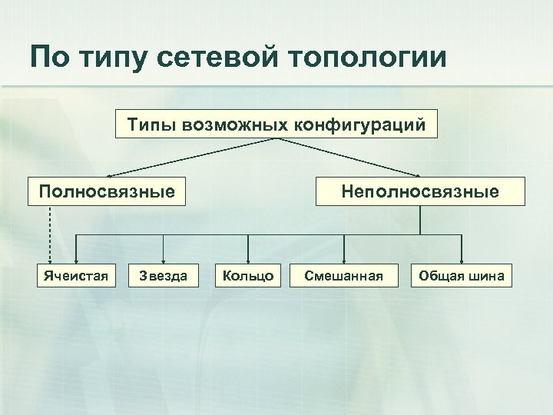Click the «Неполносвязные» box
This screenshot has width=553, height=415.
[x=420, y=191]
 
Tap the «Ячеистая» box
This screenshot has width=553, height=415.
[x=74, y=276]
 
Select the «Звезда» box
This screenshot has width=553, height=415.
[x=162, y=276]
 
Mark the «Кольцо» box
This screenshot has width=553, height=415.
[x=247, y=276]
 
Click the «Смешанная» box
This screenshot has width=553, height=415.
[x=343, y=276]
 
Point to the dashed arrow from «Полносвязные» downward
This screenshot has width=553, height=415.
[x=50, y=231]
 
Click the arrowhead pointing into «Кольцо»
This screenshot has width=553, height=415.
[x=247, y=259]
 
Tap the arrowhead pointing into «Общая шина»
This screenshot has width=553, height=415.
[x=462, y=259]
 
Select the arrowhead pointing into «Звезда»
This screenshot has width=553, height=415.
[x=162, y=259]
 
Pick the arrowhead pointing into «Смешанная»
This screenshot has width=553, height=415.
[x=343, y=259]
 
